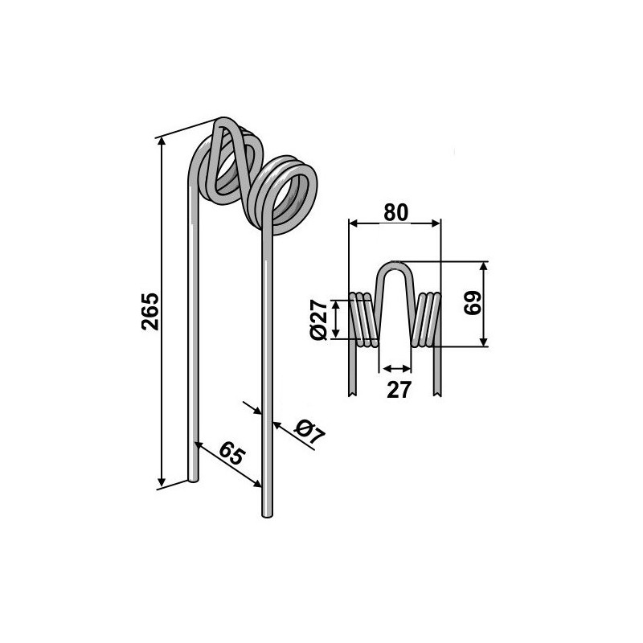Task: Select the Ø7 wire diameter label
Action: (x=309, y=432)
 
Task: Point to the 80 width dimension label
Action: (x=396, y=212)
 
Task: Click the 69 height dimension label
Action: (x=472, y=303)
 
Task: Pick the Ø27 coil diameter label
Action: (x=318, y=320)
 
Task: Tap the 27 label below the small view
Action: (x=399, y=390)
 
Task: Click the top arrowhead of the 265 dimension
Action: (x=162, y=142)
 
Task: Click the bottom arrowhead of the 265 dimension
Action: (x=162, y=481)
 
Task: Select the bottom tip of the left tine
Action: (x=193, y=479)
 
